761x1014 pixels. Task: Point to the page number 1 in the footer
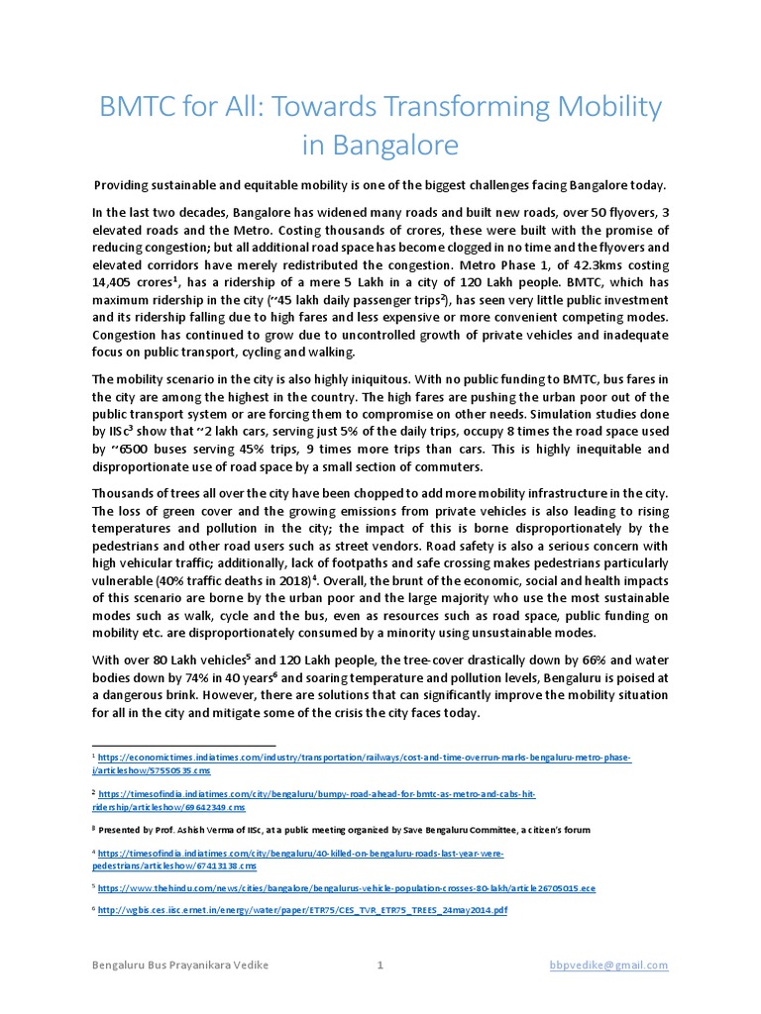[380, 965]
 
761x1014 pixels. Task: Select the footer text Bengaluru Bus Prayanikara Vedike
[178, 965]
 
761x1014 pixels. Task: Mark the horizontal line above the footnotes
[183, 745]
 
